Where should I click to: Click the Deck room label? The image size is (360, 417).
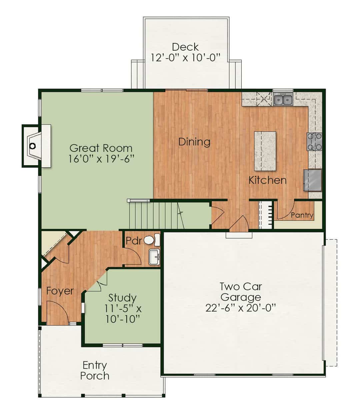[x=185, y=47]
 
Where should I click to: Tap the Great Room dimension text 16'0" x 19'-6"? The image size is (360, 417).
[x=101, y=159]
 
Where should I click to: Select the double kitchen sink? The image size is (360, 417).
[x=283, y=99]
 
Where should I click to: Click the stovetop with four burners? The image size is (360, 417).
[x=314, y=142]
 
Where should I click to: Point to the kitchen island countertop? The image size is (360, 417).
[x=265, y=151]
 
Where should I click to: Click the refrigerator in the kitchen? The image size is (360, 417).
[x=313, y=181]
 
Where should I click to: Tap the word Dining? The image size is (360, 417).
[x=194, y=142]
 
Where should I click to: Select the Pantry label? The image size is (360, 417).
[x=302, y=215]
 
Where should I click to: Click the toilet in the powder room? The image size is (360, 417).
[x=152, y=240]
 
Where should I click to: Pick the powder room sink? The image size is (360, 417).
[x=154, y=257]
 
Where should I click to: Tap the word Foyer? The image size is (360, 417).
[x=60, y=291]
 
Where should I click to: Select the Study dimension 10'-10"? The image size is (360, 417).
[x=123, y=319]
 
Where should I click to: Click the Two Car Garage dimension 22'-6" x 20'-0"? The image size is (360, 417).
[x=240, y=308]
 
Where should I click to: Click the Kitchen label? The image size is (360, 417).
[x=267, y=180]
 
